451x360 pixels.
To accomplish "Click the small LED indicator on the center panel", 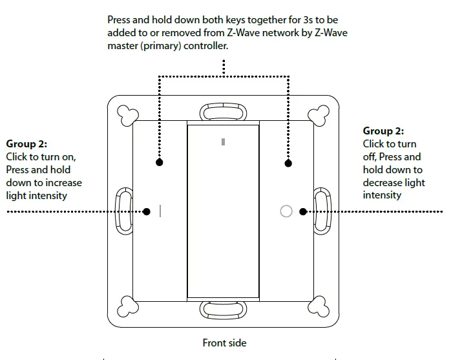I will point(223,142).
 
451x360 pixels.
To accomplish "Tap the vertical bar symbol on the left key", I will point(160,211).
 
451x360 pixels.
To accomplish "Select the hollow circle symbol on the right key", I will point(286,211).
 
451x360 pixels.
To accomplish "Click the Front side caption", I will point(224,343).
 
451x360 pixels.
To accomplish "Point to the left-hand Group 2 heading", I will point(26,143).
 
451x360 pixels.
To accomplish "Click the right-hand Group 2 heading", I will point(383,131).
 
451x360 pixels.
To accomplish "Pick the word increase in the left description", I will point(64,183).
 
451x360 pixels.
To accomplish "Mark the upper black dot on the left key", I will point(160,162).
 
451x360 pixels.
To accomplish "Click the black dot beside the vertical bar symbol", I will point(147,211).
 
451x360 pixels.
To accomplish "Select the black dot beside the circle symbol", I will point(301,211).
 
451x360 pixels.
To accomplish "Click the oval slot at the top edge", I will point(223,112).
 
